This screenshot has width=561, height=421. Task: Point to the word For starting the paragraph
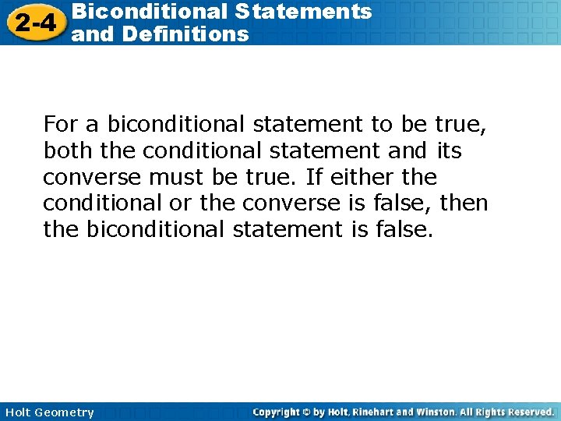click(60, 124)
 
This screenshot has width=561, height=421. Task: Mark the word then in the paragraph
click(464, 203)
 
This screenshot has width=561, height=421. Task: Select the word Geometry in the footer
click(65, 412)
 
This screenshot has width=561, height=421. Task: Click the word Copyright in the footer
click(279, 412)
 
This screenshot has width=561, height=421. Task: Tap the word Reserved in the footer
click(526, 412)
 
